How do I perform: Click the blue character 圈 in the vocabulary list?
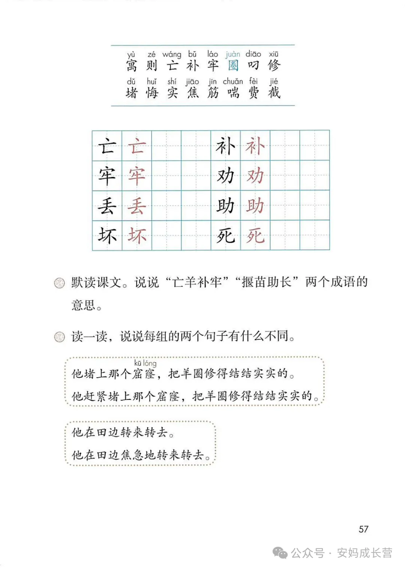[x=233, y=65]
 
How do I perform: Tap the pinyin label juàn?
[x=233, y=54]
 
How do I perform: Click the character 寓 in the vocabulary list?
[x=131, y=65]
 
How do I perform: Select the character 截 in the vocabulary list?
[x=274, y=92]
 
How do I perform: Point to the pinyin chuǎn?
[x=233, y=81]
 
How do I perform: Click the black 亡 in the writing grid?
[x=107, y=146]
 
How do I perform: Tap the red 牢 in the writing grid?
[x=136, y=176]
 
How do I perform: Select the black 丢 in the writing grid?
[x=107, y=206]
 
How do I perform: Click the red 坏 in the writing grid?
[x=136, y=236]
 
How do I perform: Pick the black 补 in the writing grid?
[x=225, y=146]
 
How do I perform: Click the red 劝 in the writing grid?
[x=255, y=176]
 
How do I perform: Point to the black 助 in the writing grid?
[x=225, y=206]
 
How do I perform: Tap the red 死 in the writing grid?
[x=255, y=236]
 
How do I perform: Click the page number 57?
[x=363, y=529]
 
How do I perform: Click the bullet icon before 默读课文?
[x=59, y=283]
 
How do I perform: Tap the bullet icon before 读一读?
[x=59, y=337]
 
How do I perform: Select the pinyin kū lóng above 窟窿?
[x=145, y=363]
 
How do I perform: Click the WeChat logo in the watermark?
[x=280, y=553]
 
